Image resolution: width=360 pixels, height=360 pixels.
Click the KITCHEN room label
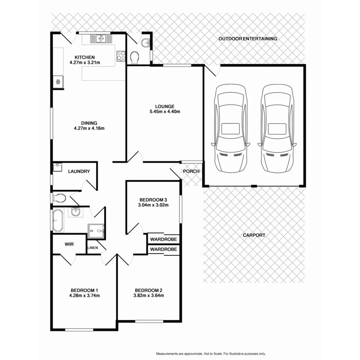click(85, 57)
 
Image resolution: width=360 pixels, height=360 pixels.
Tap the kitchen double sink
click(101, 39)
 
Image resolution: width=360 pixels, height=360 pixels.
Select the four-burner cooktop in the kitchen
click(121, 55)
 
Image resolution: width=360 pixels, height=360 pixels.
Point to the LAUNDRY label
click(79, 171)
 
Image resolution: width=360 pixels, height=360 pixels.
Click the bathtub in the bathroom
click(59, 220)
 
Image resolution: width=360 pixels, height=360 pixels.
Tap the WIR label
click(69, 244)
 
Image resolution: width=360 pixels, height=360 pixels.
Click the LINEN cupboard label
click(93, 248)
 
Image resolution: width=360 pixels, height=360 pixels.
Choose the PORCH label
click(191, 171)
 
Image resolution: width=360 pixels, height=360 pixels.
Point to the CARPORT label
click(254, 235)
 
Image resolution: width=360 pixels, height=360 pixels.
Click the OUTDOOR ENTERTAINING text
click(248, 39)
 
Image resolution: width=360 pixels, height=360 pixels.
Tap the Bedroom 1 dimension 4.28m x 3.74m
click(85, 295)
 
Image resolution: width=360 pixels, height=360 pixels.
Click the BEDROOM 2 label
click(149, 290)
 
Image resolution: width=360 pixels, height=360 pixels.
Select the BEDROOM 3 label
click(154, 200)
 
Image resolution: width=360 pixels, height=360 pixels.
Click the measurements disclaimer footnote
click(211, 354)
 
